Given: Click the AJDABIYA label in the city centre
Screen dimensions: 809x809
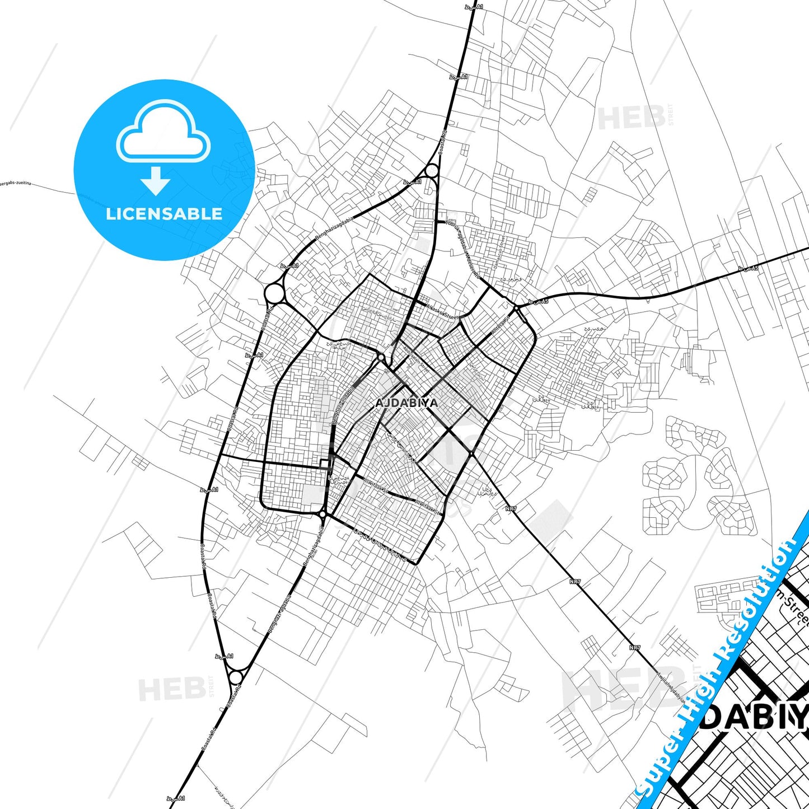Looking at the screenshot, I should point(407,403).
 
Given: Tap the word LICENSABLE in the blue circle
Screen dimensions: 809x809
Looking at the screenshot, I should point(164,213).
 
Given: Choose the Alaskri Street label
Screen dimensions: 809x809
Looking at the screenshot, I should point(442,311).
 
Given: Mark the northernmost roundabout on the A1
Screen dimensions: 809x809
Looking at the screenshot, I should point(432,170).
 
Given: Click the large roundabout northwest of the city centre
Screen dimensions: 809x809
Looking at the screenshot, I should point(274,292).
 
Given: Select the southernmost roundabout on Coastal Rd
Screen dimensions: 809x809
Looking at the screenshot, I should point(236,678).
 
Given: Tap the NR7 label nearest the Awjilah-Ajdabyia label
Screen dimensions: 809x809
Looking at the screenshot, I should point(635,647).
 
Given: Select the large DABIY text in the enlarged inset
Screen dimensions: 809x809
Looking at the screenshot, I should point(754,718).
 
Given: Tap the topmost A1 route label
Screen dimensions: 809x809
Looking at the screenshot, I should point(474,7).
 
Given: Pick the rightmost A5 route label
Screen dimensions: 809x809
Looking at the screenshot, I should point(747,269).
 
